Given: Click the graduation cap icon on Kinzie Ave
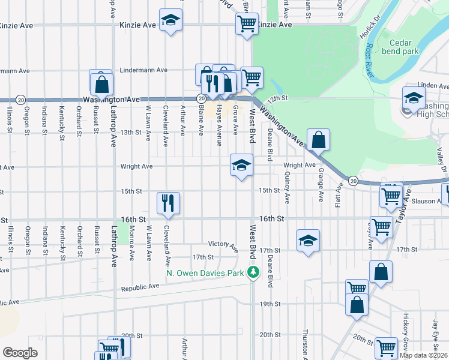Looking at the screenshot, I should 170,20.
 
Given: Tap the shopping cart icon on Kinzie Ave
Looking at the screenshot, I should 247,25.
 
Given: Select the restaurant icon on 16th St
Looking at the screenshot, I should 168,203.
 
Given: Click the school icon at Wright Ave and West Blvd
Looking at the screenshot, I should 241,166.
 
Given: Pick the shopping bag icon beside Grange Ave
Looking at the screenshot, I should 319,140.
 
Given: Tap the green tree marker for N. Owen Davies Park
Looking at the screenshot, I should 255,273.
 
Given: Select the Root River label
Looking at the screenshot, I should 370,61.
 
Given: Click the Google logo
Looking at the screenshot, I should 20,353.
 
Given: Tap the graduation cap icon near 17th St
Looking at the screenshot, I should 308,241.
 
